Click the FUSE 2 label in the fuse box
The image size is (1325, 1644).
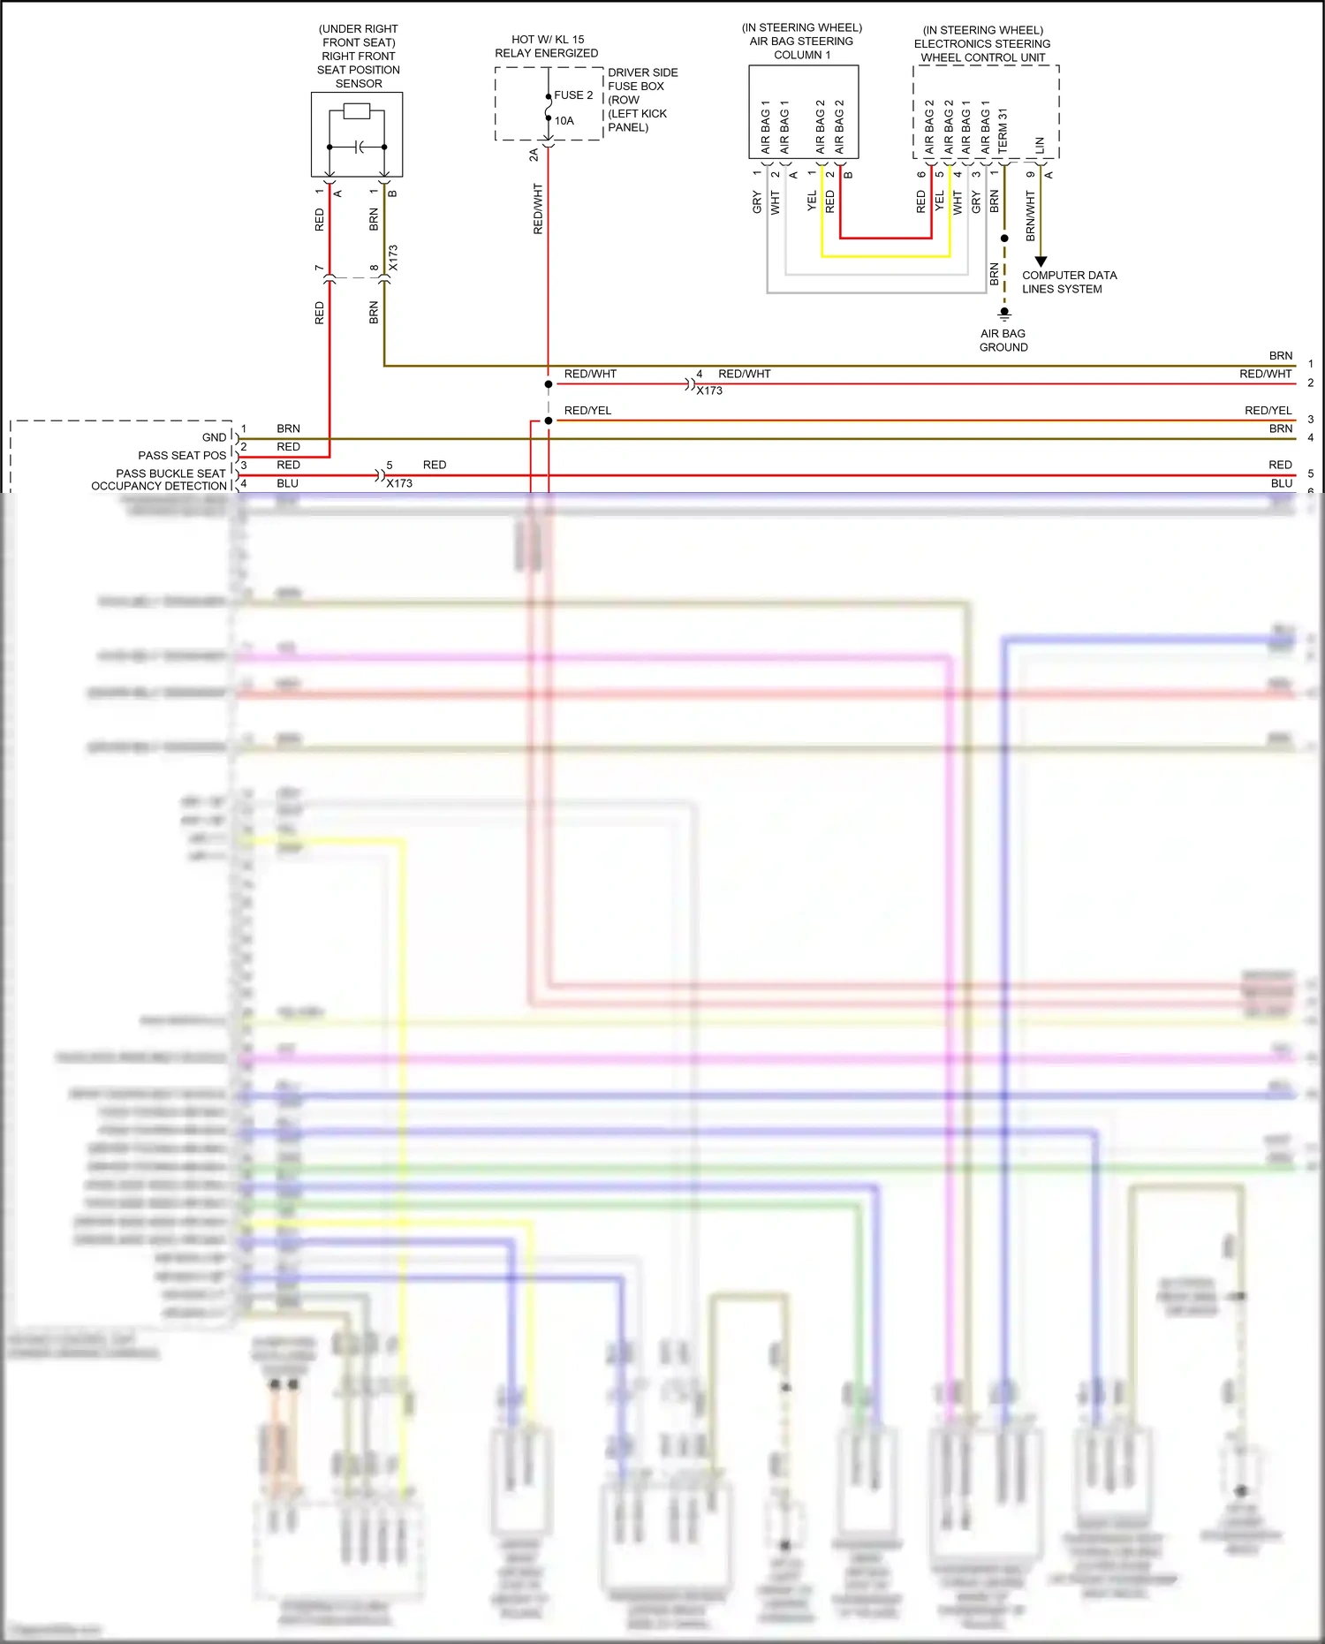click(573, 95)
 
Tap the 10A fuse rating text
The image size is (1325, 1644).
click(564, 121)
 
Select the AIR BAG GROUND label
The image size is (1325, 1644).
click(1003, 340)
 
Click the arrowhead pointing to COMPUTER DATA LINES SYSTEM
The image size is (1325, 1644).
click(1041, 261)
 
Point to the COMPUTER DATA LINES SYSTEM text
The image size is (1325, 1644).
click(1069, 282)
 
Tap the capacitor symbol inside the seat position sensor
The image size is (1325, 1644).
click(358, 147)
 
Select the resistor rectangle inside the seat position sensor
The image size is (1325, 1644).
click(356, 111)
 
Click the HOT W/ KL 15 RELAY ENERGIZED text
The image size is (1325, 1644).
click(547, 46)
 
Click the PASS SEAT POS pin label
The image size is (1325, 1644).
click(182, 456)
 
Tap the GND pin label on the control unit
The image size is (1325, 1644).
click(215, 437)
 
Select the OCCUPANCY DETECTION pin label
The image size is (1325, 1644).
click(159, 486)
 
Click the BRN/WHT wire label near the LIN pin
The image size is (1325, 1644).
click(1030, 216)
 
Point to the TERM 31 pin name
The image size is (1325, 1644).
click(1003, 131)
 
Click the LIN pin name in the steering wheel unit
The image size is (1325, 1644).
click(1040, 145)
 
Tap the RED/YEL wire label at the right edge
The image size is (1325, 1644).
click(1268, 411)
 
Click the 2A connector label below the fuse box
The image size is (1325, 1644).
click(534, 155)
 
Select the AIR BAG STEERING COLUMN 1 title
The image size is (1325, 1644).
click(802, 42)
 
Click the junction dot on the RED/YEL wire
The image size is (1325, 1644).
click(549, 420)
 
